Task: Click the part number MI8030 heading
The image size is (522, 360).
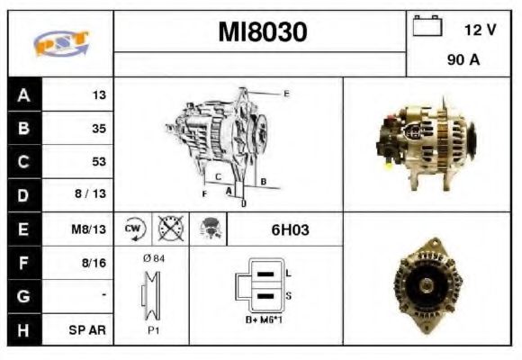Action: (x=263, y=32)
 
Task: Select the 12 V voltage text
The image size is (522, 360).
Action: (x=480, y=30)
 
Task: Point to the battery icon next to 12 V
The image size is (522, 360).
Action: (x=426, y=27)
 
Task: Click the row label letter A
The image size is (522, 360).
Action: (x=23, y=94)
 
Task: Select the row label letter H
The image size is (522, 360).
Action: (x=23, y=330)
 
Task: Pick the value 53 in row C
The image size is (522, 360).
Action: (x=99, y=162)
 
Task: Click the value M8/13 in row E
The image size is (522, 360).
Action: (x=91, y=229)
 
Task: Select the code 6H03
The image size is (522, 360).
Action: (x=290, y=229)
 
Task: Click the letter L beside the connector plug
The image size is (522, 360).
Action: (x=288, y=272)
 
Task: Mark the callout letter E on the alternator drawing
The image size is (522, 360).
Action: (x=286, y=94)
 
